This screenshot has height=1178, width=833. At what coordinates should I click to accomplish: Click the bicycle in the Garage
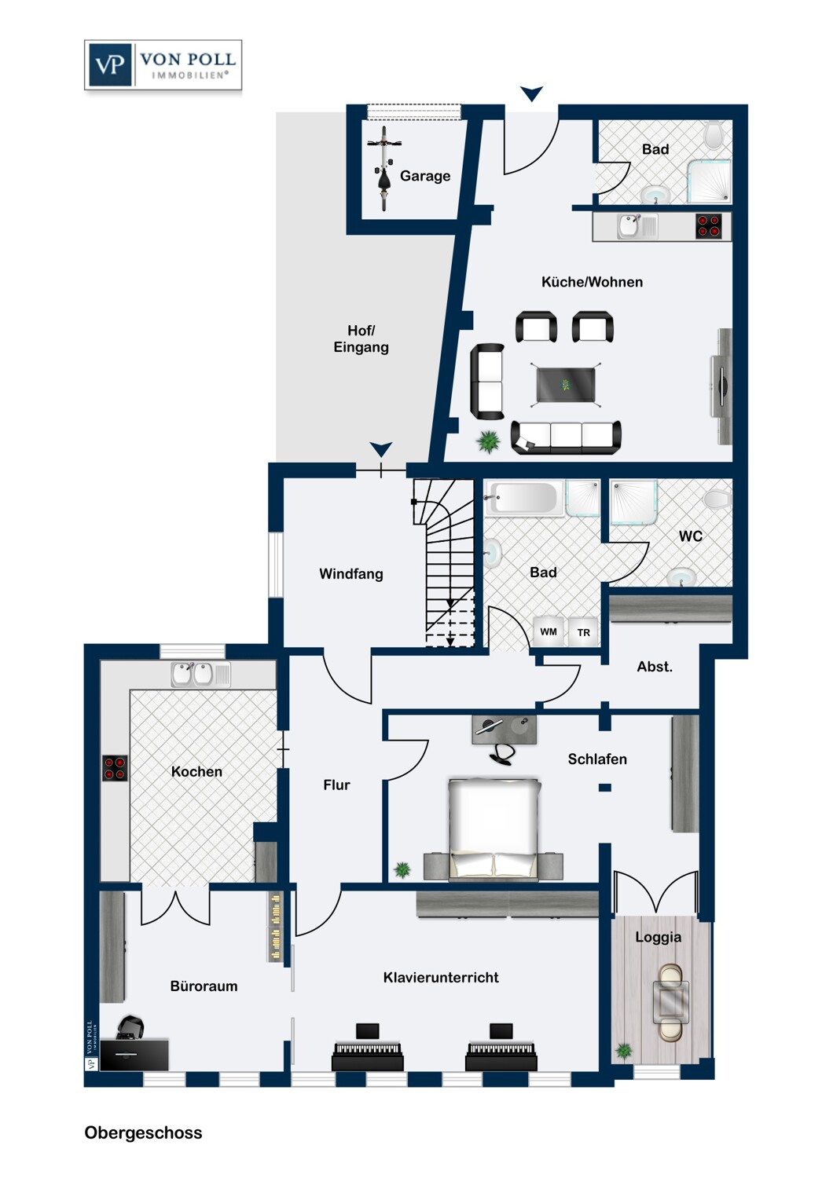384,168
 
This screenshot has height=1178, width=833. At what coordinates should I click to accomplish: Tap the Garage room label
425,176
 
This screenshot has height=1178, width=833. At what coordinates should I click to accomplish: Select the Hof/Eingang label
361,338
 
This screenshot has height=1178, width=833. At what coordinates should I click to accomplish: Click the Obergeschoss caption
143,1132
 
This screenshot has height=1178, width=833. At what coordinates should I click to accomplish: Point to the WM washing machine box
549,631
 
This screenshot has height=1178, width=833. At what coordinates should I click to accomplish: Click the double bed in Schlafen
494,829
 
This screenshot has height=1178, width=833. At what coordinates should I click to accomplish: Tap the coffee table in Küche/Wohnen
566,385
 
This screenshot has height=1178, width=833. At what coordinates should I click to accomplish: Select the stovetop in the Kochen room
115,768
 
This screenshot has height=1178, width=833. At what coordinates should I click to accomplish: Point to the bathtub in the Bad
522,497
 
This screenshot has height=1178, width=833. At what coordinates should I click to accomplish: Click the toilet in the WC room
717,499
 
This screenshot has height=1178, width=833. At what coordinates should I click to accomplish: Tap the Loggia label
658,937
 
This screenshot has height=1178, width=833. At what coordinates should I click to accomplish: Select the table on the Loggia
671,1002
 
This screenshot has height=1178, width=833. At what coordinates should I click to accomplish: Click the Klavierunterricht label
441,978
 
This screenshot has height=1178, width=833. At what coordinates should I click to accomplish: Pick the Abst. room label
655,667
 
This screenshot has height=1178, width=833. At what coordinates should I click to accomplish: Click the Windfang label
351,574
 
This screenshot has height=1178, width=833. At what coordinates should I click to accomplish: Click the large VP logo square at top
110,64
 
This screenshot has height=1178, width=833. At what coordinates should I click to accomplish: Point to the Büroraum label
204,986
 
